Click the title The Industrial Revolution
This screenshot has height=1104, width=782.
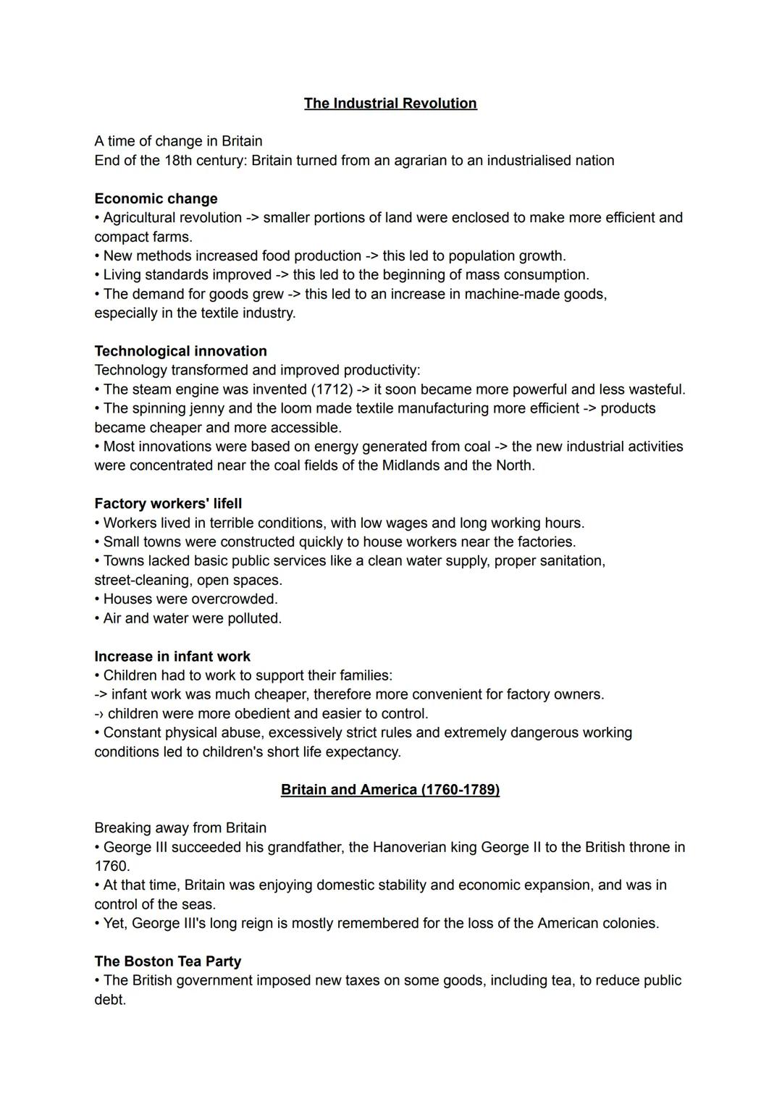click(x=390, y=104)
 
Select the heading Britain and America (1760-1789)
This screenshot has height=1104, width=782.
click(x=390, y=790)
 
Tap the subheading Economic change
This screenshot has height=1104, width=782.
click(x=156, y=199)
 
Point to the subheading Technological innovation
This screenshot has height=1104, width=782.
click(x=180, y=351)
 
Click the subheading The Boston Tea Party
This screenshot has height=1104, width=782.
click(x=167, y=961)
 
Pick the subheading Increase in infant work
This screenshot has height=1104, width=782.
click(x=172, y=657)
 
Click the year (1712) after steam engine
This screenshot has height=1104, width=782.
click(x=332, y=389)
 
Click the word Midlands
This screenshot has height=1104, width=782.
click(x=411, y=465)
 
